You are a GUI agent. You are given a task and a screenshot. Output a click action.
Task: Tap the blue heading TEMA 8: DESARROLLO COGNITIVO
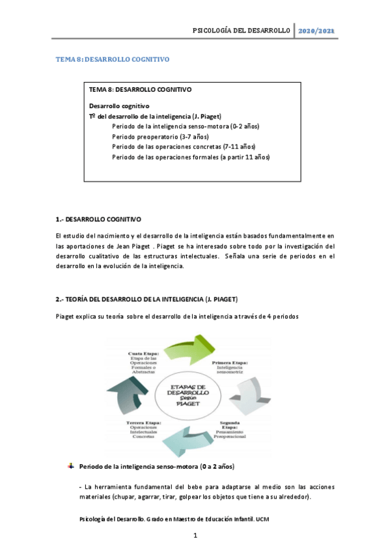pyautogui.click(x=112, y=59)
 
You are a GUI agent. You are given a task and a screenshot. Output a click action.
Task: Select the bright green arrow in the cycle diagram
pyautogui.click(x=195, y=352)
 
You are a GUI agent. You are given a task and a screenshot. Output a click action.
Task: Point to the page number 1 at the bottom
pyautogui.click(x=195, y=536)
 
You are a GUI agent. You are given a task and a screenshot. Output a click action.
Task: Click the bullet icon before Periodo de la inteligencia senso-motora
pyautogui.click(x=71, y=467)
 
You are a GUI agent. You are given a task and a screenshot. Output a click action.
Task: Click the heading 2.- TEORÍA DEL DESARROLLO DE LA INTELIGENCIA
pyautogui.click(x=146, y=299)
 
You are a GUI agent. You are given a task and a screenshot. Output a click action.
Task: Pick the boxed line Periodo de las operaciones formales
pyautogui.click(x=190, y=157)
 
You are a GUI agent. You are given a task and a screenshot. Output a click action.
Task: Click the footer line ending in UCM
pyautogui.click(x=173, y=519)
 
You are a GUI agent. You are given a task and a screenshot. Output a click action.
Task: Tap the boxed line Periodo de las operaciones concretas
pyautogui.click(x=184, y=146)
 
